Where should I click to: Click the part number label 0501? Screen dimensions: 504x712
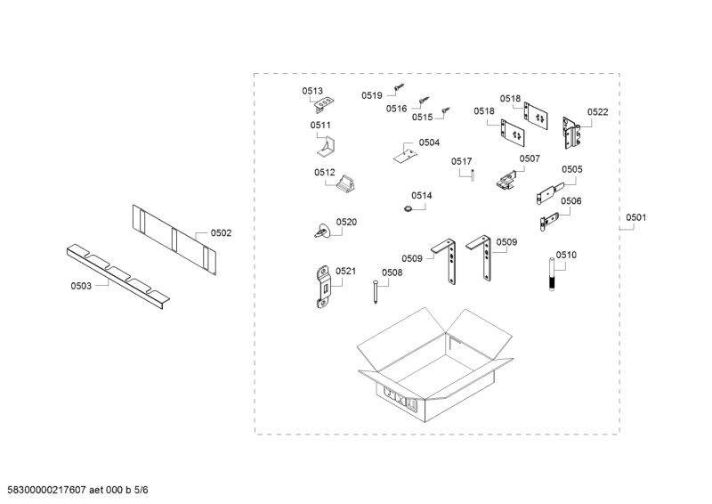[x=636, y=216]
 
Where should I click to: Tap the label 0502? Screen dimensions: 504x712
[x=221, y=232]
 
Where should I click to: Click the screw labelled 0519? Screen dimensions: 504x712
[x=400, y=88]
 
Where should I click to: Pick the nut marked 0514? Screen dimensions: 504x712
[x=405, y=208]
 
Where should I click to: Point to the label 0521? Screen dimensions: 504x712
[x=346, y=271]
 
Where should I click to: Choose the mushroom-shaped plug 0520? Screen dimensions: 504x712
[x=322, y=230]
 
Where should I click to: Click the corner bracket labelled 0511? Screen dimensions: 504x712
[x=331, y=145]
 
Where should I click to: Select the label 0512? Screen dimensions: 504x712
[x=324, y=173]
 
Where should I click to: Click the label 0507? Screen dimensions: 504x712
[x=530, y=159]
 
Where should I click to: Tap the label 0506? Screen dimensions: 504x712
[x=570, y=201]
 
